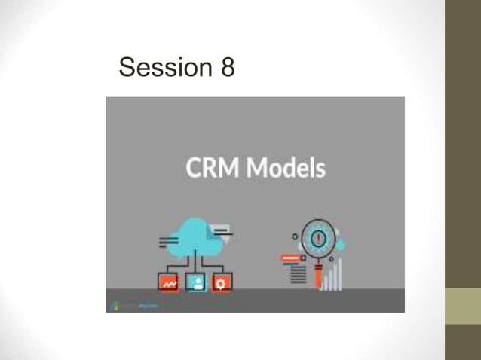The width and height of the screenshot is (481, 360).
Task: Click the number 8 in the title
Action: pyautogui.click(x=228, y=68)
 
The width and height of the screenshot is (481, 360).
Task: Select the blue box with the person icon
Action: pyautogui.click(x=196, y=282)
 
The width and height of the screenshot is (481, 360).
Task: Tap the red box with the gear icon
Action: pyautogui.click(x=222, y=282)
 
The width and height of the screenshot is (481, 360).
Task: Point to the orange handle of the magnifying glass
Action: pyautogui.click(x=320, y=279)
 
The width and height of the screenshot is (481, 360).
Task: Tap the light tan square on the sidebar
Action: pyautogui.click(x=462, y=307)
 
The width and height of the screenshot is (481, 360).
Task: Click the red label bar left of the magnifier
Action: pyautogui.click(x=291, y=258)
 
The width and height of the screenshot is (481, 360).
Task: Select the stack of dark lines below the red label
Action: pyautogui.click(x=299, y=273)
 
